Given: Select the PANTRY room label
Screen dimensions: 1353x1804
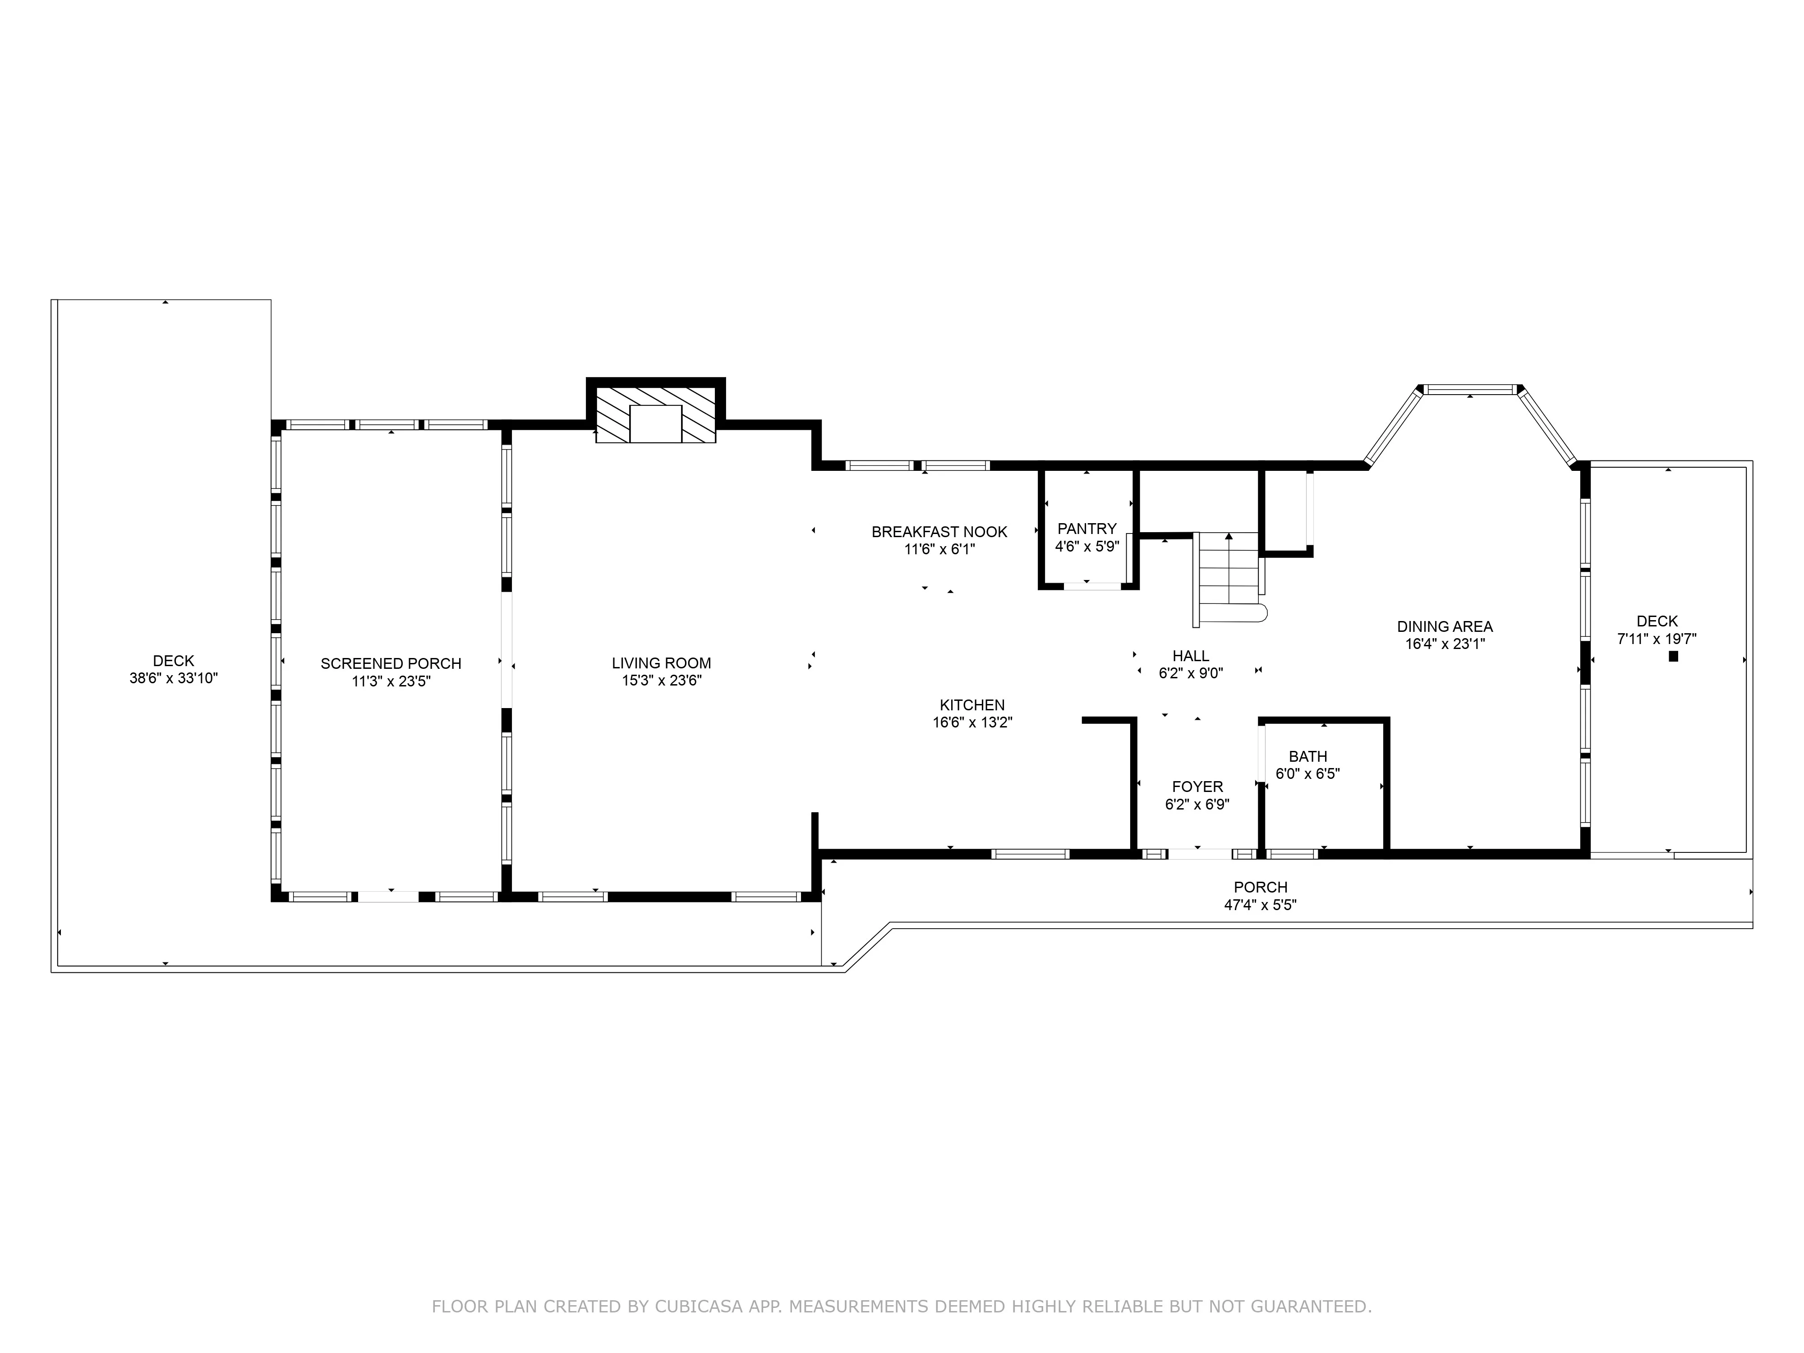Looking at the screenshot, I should pos(1086,529).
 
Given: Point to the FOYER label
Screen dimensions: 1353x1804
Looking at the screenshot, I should pos(1197,786).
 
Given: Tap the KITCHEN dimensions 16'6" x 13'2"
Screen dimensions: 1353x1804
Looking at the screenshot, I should pos(972,723).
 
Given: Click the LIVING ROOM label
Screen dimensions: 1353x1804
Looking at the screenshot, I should pos(662,663).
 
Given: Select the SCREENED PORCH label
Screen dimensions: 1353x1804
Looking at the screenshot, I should pos(391,663).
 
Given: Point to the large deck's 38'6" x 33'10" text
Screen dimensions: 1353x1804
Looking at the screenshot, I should pos(174,678).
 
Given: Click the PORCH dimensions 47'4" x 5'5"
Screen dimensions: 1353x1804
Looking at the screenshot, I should pos(1260,904).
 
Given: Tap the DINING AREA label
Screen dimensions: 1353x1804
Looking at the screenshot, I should pos(1445,626).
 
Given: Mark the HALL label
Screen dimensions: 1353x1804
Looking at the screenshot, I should pos(1191,656).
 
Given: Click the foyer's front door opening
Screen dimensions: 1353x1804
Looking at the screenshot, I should pos(1199,854).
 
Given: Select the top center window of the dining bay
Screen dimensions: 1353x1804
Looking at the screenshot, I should pos(1470,390).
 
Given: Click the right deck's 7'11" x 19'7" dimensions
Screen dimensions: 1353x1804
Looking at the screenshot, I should pos(1657,640).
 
